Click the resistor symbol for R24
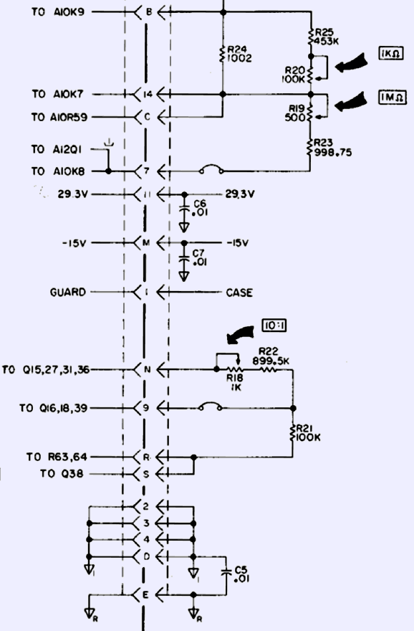[223, 54]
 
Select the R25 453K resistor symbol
[311, 37]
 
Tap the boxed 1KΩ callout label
[391, 54]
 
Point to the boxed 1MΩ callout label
[393, 98]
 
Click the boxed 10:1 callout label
[274, 325]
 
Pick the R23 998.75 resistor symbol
[310, 148]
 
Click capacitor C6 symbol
[184, 210]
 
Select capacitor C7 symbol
[184, 259]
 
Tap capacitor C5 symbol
[226, 572]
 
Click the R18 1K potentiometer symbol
[235, 369]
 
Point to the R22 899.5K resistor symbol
[269, 369]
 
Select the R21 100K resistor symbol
[293, 432]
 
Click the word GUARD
[68, 292]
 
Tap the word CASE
[239, 293]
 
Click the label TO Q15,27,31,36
[46, 370]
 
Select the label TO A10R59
[59, 117]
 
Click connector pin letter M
[146, 243]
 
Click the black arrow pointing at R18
[241, 335]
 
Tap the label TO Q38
[62, 474]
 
